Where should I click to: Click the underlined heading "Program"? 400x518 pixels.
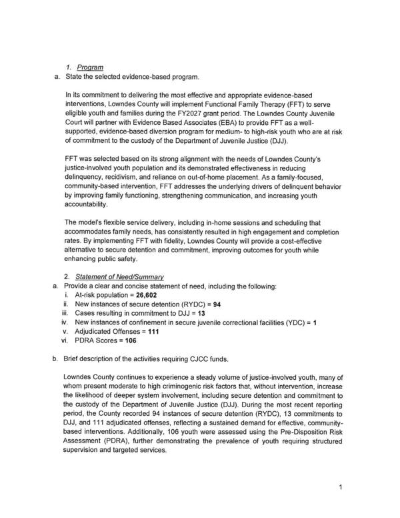(x=89, y=67)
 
